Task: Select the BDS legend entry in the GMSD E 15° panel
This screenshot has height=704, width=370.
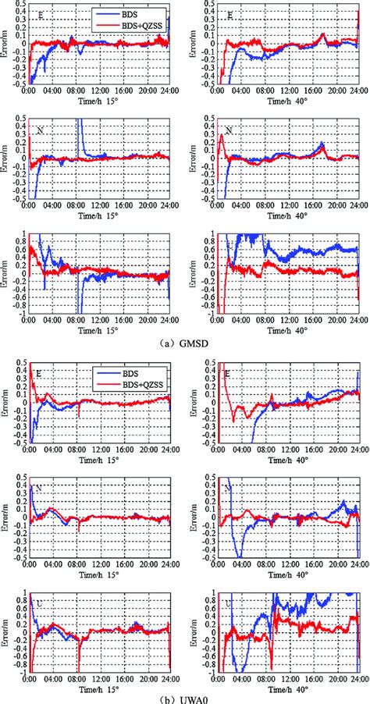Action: coord(130,13)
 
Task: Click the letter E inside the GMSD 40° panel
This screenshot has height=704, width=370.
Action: coord(229,15)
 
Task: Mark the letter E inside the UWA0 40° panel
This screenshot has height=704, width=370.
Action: coord(227,375)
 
